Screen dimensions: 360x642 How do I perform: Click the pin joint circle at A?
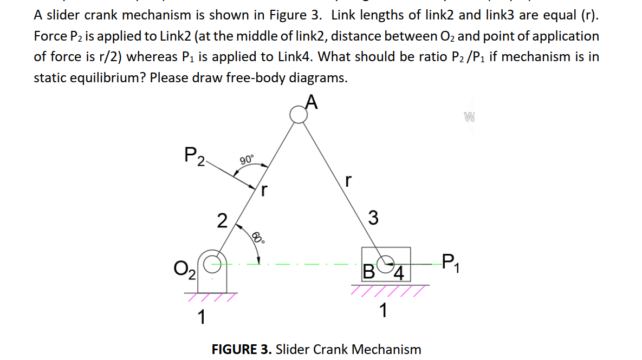[x=297, y=114]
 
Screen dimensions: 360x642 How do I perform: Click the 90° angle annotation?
[x=245, y=160]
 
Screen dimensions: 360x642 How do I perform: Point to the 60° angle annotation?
[x=258, y=238]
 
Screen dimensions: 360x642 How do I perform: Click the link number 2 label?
[x=221, y=221]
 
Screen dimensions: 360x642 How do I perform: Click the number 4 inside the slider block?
[x=398, y=271]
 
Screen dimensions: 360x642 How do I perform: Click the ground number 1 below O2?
[x=200, y=317]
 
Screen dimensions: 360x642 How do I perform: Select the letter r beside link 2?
[x=264, y=190]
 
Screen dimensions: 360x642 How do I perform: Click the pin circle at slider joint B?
[x=386, y=263]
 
